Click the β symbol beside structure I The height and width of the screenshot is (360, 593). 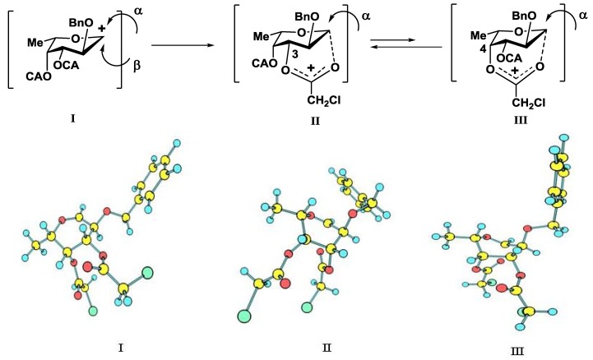coord(137,66)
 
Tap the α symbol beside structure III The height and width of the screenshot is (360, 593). coord(583,16)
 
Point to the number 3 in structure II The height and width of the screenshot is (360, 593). coord(295,54)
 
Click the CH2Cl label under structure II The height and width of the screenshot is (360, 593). coord(324,100)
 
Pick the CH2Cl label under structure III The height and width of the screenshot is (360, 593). coord(529,103)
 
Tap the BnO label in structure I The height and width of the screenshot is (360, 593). coord(81,23)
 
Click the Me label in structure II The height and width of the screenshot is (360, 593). coord(261,36)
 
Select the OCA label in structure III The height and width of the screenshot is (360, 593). coord(509,58)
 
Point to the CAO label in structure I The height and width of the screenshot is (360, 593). coord(39,76)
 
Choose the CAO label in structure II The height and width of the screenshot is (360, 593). coord(265,63)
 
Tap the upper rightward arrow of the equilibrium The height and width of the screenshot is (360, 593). coord(391,40)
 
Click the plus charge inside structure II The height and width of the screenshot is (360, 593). coord(311,68)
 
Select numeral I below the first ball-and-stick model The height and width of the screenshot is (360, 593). coord(120,347)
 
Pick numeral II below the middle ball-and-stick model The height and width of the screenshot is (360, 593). coord(327,347)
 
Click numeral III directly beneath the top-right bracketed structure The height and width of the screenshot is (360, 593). coord(521,121)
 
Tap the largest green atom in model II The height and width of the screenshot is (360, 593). coord(245,316)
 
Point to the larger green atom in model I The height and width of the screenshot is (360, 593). coord(147,272)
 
